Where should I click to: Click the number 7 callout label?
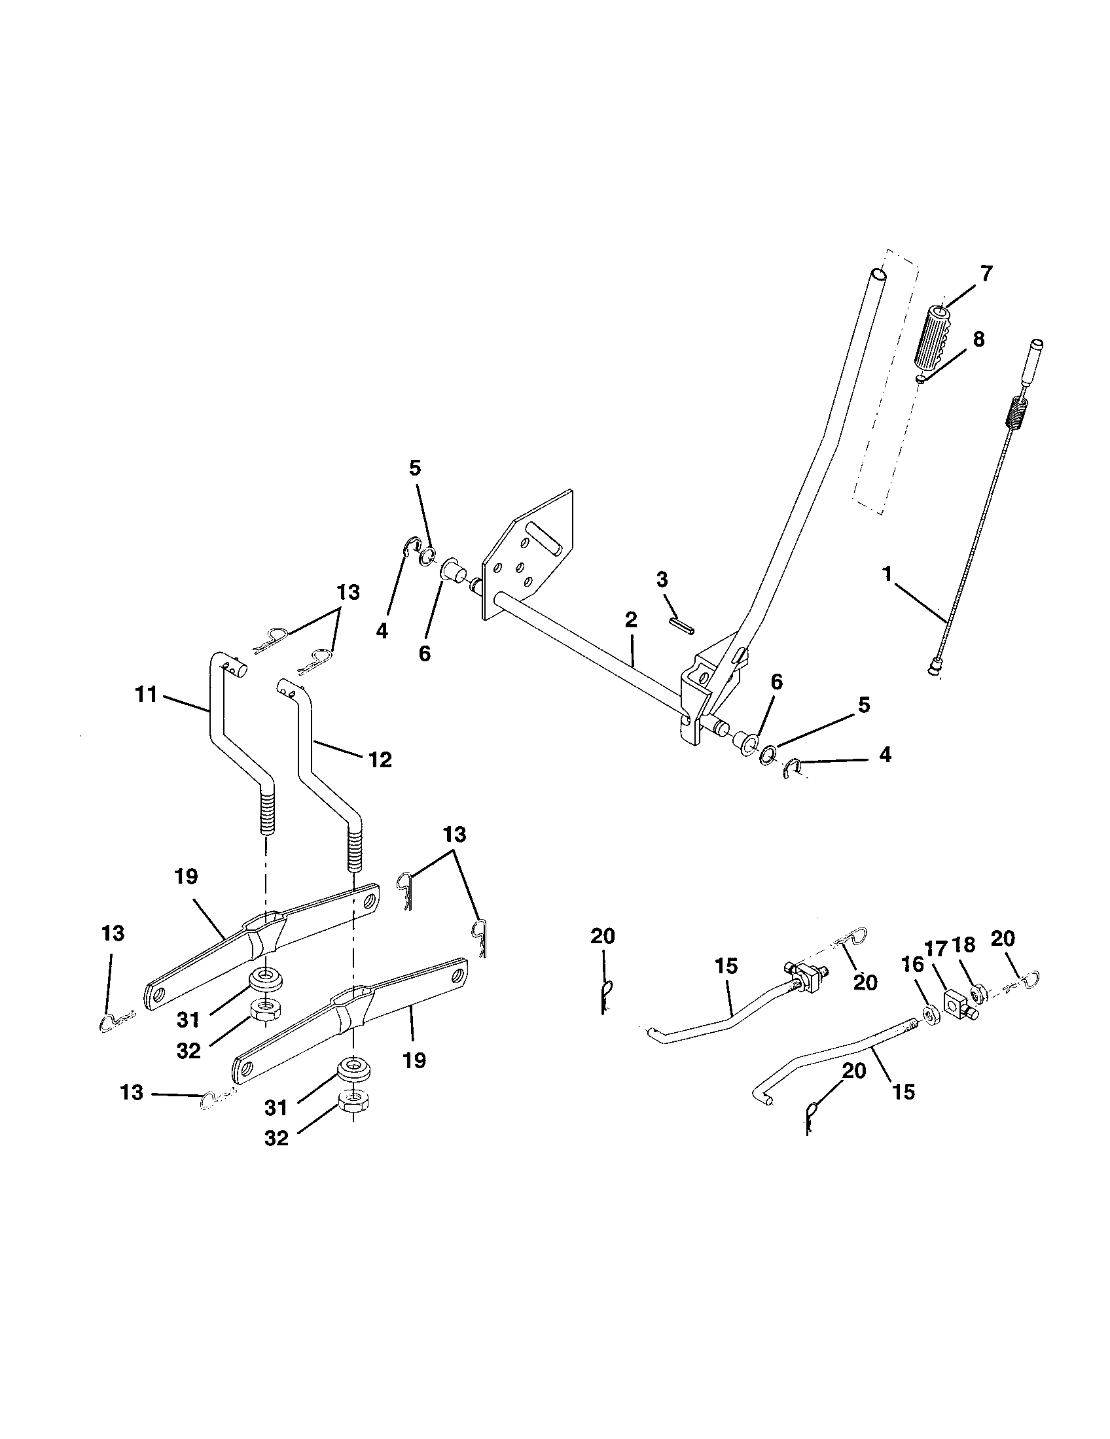986,273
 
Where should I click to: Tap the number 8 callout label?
979,339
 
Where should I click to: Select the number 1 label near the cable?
887,573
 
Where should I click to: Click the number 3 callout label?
662,580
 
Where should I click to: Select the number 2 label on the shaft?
631,620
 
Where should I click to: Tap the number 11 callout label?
146,694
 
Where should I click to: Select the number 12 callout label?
380,759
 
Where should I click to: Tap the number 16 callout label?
912,965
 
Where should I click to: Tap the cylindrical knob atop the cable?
1033,360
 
